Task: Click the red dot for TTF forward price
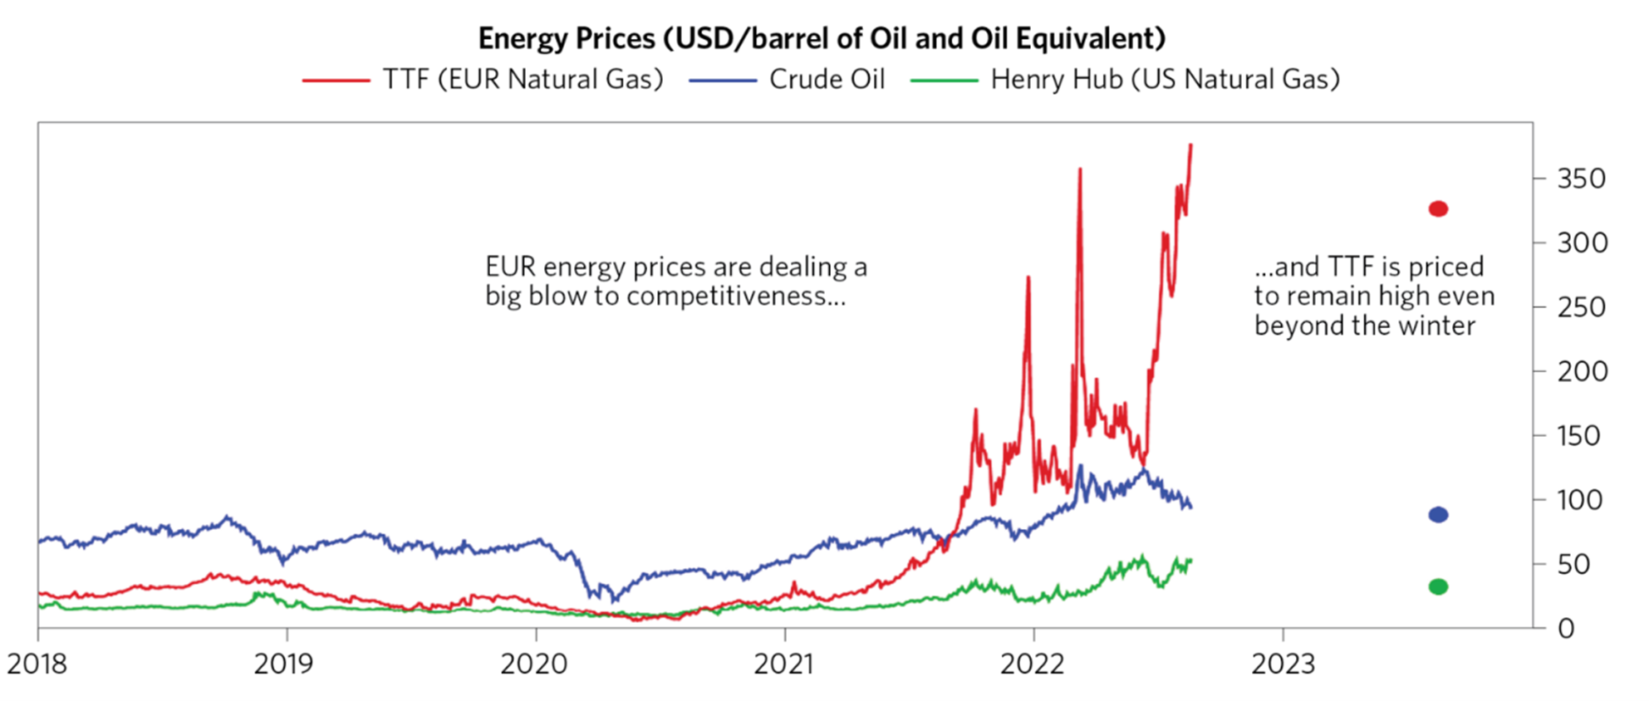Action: point(1438,208)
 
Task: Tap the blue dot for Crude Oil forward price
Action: point(1438,515)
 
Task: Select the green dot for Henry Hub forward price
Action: point(1438,586)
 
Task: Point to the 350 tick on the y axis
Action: point(1581,179)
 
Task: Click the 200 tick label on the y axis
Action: point(1582,371)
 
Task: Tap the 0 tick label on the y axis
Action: point(1566,629)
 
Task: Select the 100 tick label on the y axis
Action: point(1578,500)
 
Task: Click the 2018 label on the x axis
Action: point(37,664)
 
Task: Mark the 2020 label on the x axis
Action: point(534,664)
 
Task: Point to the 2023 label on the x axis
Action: point(1283,664)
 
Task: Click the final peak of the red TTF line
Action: point(1190,145)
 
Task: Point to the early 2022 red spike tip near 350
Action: point(1079,169)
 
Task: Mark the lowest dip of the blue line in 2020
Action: point(614,600)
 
